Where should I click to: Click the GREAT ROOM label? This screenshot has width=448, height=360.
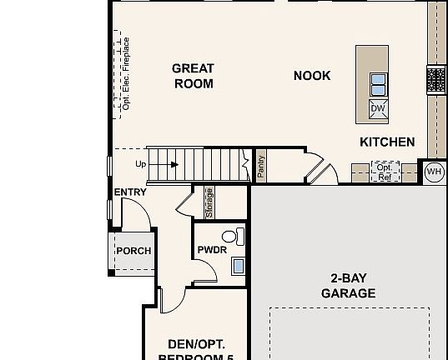[x=193, y=76]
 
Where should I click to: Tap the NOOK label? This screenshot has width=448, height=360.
[x=312, y=76]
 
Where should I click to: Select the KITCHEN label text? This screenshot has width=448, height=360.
[x=387, y=142]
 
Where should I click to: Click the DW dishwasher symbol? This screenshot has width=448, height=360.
[x=378, y=109]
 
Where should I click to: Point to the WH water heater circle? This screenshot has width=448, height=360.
[x=434, y=172]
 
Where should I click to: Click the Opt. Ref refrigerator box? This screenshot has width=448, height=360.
[x=385, y=172]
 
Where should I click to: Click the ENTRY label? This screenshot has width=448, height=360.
[x=130, y=192]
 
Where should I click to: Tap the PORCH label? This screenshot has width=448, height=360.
[x=133, y=251]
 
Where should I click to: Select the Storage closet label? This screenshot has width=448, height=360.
[x=209, y=202]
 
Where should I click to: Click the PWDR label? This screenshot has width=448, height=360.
[x=213, y=250]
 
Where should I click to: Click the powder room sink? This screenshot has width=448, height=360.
[x=238, y=267]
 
